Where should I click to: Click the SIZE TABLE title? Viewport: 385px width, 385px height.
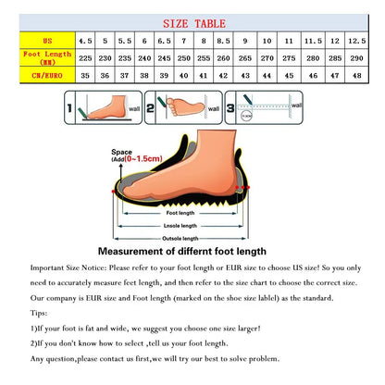pos(192,22)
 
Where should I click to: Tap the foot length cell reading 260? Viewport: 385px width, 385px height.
pos(225,58)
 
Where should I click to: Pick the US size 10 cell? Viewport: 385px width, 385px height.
pos(267,42)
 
